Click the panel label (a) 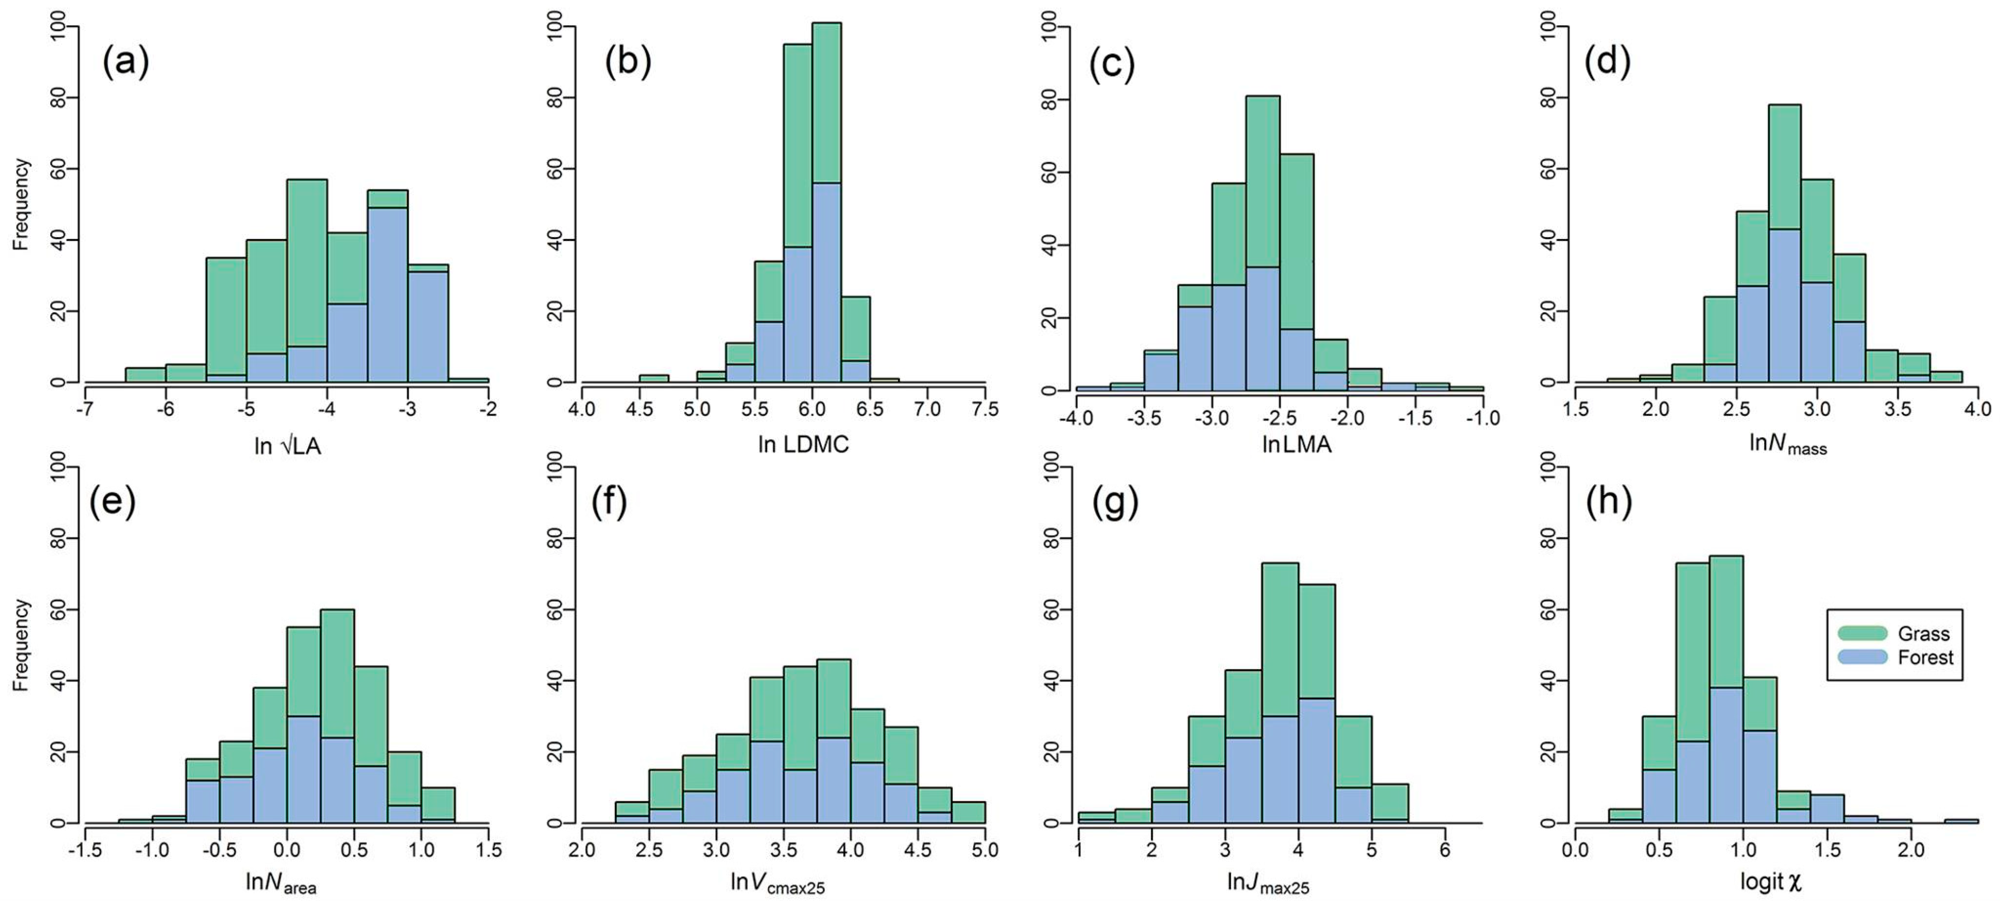(125, 62)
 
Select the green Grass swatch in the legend (1862, 633)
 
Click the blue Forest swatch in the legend (1862, 658)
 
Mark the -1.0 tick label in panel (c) (1482, 419)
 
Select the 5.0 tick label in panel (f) (984, 850)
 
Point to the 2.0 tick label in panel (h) (1910, 850)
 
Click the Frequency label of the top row (21, 204)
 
